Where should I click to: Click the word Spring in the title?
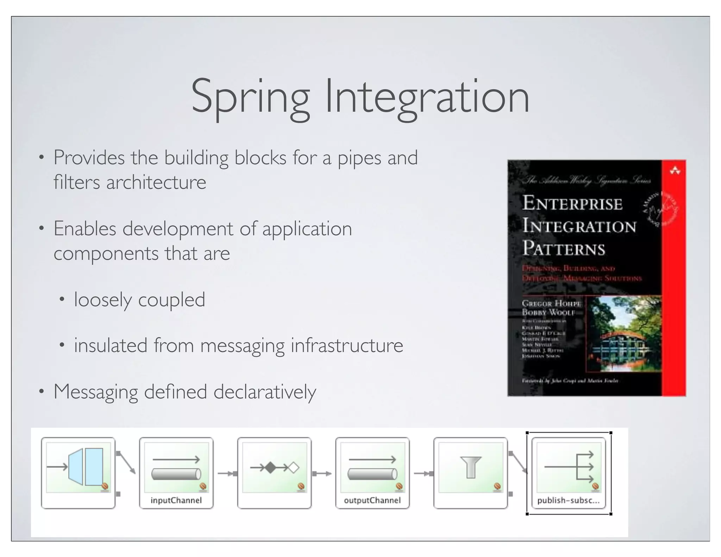[x=250, y=97]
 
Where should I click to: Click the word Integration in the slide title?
[x=427, y=97]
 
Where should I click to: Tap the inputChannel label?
[x=176, y=500]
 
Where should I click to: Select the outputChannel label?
[x=372, y=500]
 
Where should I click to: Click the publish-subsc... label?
[x=568, y=500]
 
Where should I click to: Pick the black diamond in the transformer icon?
[x=270, y=468]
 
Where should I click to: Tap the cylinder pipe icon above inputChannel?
[x=176, y=474]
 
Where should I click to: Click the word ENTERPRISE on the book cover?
[x=572, y=204]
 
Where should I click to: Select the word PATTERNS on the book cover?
[x=564, y=249]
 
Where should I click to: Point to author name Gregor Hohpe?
[x=551, y=303]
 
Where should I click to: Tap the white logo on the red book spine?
[x=675, y=171]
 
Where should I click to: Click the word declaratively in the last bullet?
[x=265, y=392]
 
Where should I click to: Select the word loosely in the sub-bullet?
[x=103, y=300]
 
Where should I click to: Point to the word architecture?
[x=156, y=182]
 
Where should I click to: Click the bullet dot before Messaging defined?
[x=42, y=391]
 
